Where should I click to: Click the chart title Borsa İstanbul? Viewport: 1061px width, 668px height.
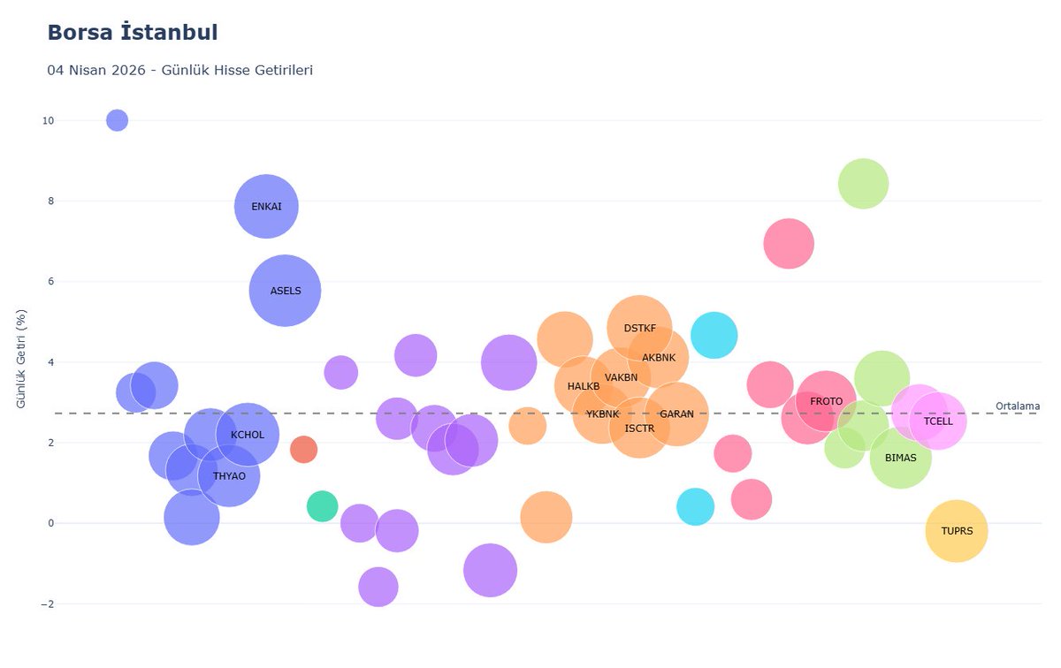[133, 33]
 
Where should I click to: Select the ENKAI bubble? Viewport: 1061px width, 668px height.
[266, 207]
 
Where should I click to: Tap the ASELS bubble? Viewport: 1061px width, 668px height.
[285, 291]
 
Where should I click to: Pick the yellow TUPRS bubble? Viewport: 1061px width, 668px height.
[957, 531]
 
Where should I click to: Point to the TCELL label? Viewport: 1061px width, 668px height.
[938, 421]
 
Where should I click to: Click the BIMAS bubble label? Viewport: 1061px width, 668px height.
[900, 458]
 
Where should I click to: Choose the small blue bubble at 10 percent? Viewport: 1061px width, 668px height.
[117, 120]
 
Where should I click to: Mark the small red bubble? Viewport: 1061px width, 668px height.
[303, 449]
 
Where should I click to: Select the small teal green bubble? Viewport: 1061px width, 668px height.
[322, 506]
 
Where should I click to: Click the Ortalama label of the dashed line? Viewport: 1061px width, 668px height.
[1018, 406]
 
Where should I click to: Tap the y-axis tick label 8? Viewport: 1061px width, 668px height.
[50, 201]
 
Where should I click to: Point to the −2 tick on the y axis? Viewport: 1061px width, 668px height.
[48, 604]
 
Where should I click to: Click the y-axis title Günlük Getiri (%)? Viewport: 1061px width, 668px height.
[21, 359]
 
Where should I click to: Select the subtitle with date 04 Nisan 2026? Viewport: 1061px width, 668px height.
[180, 70]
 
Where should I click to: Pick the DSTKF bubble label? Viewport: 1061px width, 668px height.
[639, 328]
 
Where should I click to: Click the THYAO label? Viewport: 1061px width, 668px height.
[229, 476]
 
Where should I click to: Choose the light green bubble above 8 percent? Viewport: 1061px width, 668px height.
[863, 184]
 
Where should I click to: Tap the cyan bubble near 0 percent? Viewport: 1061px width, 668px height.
[695, 506]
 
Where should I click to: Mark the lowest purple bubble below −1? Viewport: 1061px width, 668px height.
[378, 587]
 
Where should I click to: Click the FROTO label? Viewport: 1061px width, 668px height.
[826, 401]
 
